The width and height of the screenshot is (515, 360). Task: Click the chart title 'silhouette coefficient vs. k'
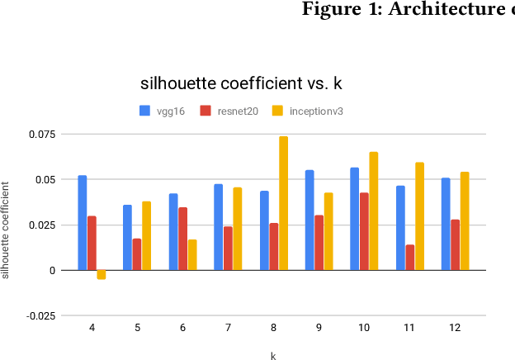point(241,83)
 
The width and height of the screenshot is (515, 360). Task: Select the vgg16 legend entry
point(163,111)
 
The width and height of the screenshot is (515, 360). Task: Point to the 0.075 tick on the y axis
point(43,134)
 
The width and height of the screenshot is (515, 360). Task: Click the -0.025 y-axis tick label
point(41,315)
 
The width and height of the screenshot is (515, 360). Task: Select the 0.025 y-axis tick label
point(43,225)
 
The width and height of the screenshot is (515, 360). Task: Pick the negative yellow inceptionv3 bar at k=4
point(102,274)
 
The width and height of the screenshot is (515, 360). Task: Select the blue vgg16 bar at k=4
point(83,223)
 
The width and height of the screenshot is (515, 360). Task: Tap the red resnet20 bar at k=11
point(410,257)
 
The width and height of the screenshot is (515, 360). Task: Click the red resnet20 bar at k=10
point(364,231)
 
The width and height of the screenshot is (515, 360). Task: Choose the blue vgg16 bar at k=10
point(355,219)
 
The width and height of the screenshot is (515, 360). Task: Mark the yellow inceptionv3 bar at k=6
point(192,254)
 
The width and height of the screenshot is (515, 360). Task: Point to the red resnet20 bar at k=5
point(137,254)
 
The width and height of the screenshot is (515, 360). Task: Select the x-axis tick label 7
point(228,328)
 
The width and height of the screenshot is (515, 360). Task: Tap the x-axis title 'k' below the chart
point(273,355)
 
